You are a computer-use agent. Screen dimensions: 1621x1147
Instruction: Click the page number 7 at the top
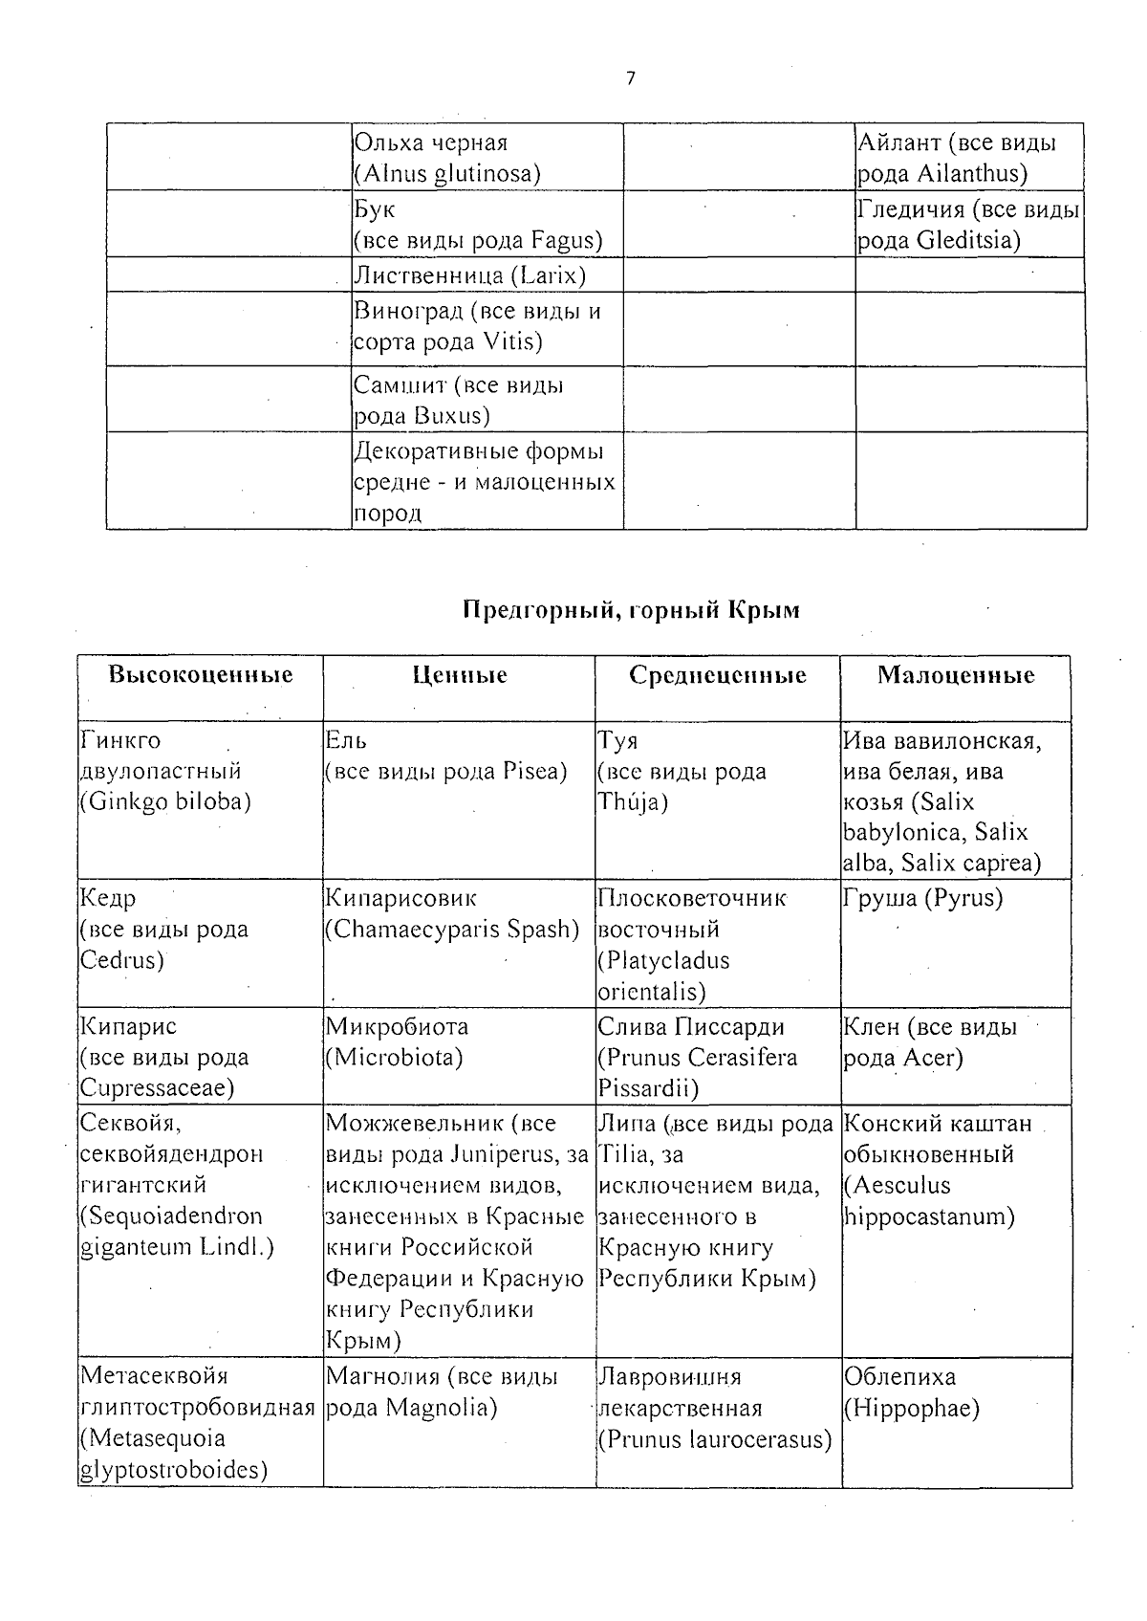(x=630, y=79)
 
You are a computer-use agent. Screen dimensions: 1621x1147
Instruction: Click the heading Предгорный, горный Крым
(x=631, y=610)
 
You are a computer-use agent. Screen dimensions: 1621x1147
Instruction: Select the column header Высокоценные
(x=200, y=675)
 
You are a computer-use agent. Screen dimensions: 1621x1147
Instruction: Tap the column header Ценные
(x=460, y=676)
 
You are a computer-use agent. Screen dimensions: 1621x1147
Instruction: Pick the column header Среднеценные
(x=717, y=676)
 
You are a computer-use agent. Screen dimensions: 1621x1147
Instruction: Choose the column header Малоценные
(x=955, y=676)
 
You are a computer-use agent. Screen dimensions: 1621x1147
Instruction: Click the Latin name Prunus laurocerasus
(x=715, y=1439)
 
